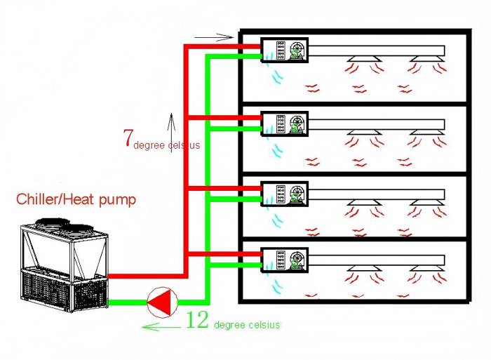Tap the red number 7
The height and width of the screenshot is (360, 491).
tap(128, 138)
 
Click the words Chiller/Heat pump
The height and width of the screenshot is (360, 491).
tap(76, 200)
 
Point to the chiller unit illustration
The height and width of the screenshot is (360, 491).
tap(63, 267)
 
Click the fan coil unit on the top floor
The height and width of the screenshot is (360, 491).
tap(285, 51)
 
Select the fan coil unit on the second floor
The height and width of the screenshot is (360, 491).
tap(285, 124)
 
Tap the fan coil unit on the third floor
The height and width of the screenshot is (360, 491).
tap(285, 194)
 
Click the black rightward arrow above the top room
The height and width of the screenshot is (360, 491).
tap(213, 36)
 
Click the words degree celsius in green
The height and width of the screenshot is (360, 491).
tap(247, 325)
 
